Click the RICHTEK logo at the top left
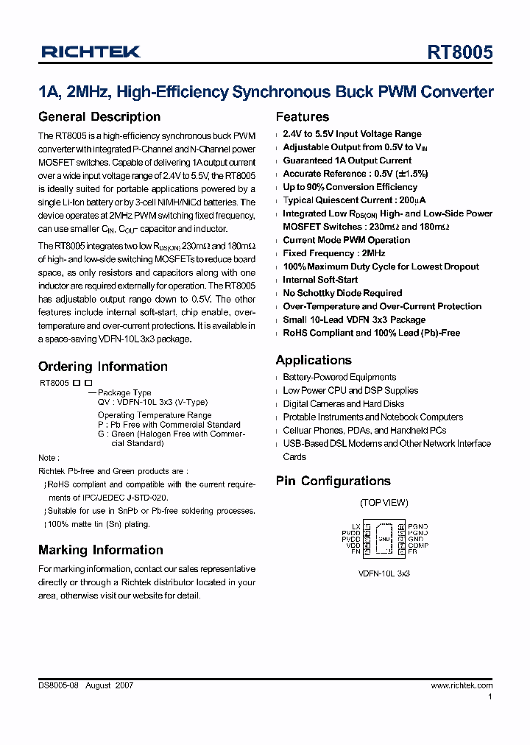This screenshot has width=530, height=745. pyautogui.click(x=91, y=52)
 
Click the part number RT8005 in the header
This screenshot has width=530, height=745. pyautogui.click(x=460, y=54)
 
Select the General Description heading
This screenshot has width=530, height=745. pyautogui.click(x=99, y=117)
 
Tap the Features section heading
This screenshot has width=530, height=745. pyautogui.click(x=303, y=117)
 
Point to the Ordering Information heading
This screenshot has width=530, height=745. pyautogui.click(x=103, y=367)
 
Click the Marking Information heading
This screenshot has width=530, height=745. pyautogui.click(x=101, y=550)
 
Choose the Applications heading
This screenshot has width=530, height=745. pyautogui.click(x=314, y=360)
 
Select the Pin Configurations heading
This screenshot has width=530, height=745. pyautogui.click(x=333, y=481)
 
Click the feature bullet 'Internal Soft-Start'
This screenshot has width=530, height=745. pyautogui.click(x=320, y=280)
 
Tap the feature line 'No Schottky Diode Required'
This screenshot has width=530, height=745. pyautogui.click(x=342, y=293)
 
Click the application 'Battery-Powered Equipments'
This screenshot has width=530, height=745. pyautogui.click(x=339, y=377)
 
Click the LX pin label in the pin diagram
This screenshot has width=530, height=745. pyautogui.click(x=356, y=526)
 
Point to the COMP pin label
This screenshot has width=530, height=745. pyautogui.click(x=418, y=545)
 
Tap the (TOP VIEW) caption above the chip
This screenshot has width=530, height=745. pyautogui.click(x=384, y=503)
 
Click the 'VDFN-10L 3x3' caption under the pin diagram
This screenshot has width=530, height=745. pyautogui.click(x=384, y=572)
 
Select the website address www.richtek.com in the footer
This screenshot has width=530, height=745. pyautogui.click(x=462, y=685)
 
